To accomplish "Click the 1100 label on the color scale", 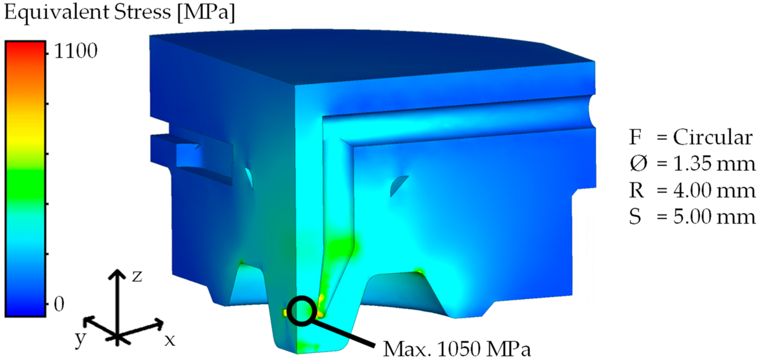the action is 76,51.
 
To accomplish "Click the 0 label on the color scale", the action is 59,304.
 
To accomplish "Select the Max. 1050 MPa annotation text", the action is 457,349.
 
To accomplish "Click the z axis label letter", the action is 137,276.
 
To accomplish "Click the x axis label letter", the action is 169,340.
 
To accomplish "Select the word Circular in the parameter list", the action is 713,137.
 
